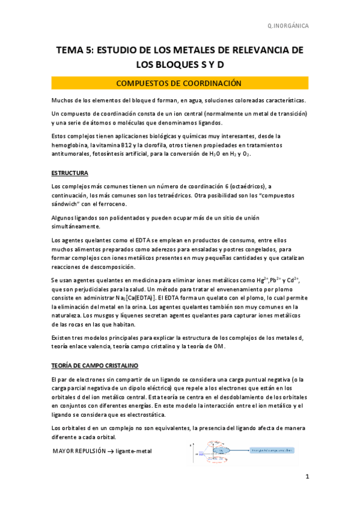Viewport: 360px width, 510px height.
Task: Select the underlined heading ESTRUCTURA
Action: click(x=70, y=173)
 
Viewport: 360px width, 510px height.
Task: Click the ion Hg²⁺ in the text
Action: click(x=261, y=280)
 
